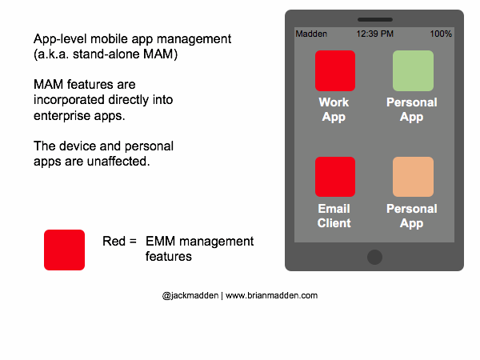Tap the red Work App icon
pos(334,70)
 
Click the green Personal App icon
pos(413,70)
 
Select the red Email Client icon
pos(334,177)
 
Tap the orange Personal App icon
pos(413,177)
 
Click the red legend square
pos(64,250)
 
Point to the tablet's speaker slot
pos(374,19)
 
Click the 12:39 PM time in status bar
pos(374,34)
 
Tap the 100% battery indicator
pos(440,34)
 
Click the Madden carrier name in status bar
pos(311,34)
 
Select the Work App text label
pos(334,110)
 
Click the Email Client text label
pos(334,216)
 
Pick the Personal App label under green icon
pos(412,110)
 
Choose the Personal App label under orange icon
pos(412,216)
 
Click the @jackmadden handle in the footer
pos(190,295)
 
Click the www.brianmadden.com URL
pos(271,295)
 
